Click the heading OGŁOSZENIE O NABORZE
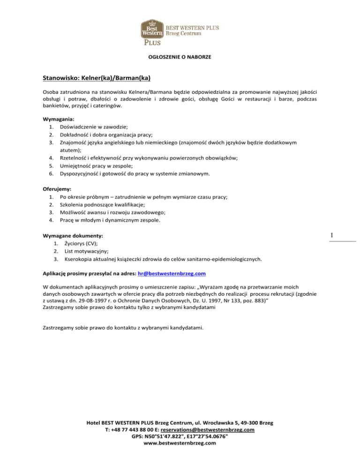pos(180,57)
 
